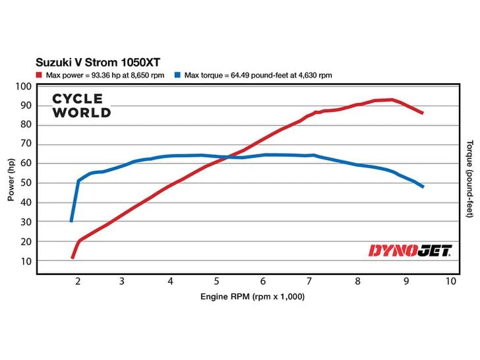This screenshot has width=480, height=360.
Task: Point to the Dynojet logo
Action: [408, 251]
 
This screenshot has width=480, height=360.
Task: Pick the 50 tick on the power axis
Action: [26, 183]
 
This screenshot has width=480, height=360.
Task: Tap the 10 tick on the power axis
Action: [26, 261]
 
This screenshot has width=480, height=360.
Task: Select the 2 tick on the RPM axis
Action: [78, 281]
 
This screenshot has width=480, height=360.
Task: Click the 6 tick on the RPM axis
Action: [264, 281]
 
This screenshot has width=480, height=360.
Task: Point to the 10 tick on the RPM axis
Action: [450, 281]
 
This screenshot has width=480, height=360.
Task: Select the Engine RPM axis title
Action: [253, 297]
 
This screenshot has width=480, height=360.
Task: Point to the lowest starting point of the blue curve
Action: [71, 221]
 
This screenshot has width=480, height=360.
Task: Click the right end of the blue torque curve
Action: [422, 187]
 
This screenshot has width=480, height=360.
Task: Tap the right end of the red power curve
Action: [422, 113]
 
